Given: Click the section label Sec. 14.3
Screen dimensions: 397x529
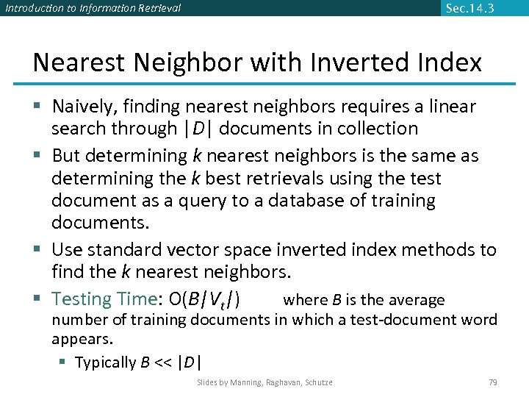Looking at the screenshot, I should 470,9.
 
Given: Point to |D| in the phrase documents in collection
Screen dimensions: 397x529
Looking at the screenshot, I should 197,129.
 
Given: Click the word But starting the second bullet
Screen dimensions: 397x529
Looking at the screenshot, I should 65,156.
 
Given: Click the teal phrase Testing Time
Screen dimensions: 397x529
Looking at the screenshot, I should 101,299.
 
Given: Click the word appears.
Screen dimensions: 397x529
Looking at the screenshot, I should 82,340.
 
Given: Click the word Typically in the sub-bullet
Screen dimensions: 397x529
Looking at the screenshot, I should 106,362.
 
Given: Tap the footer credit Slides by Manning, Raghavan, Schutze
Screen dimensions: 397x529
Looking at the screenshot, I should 264,382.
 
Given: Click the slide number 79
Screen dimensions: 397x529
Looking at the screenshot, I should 492,382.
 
